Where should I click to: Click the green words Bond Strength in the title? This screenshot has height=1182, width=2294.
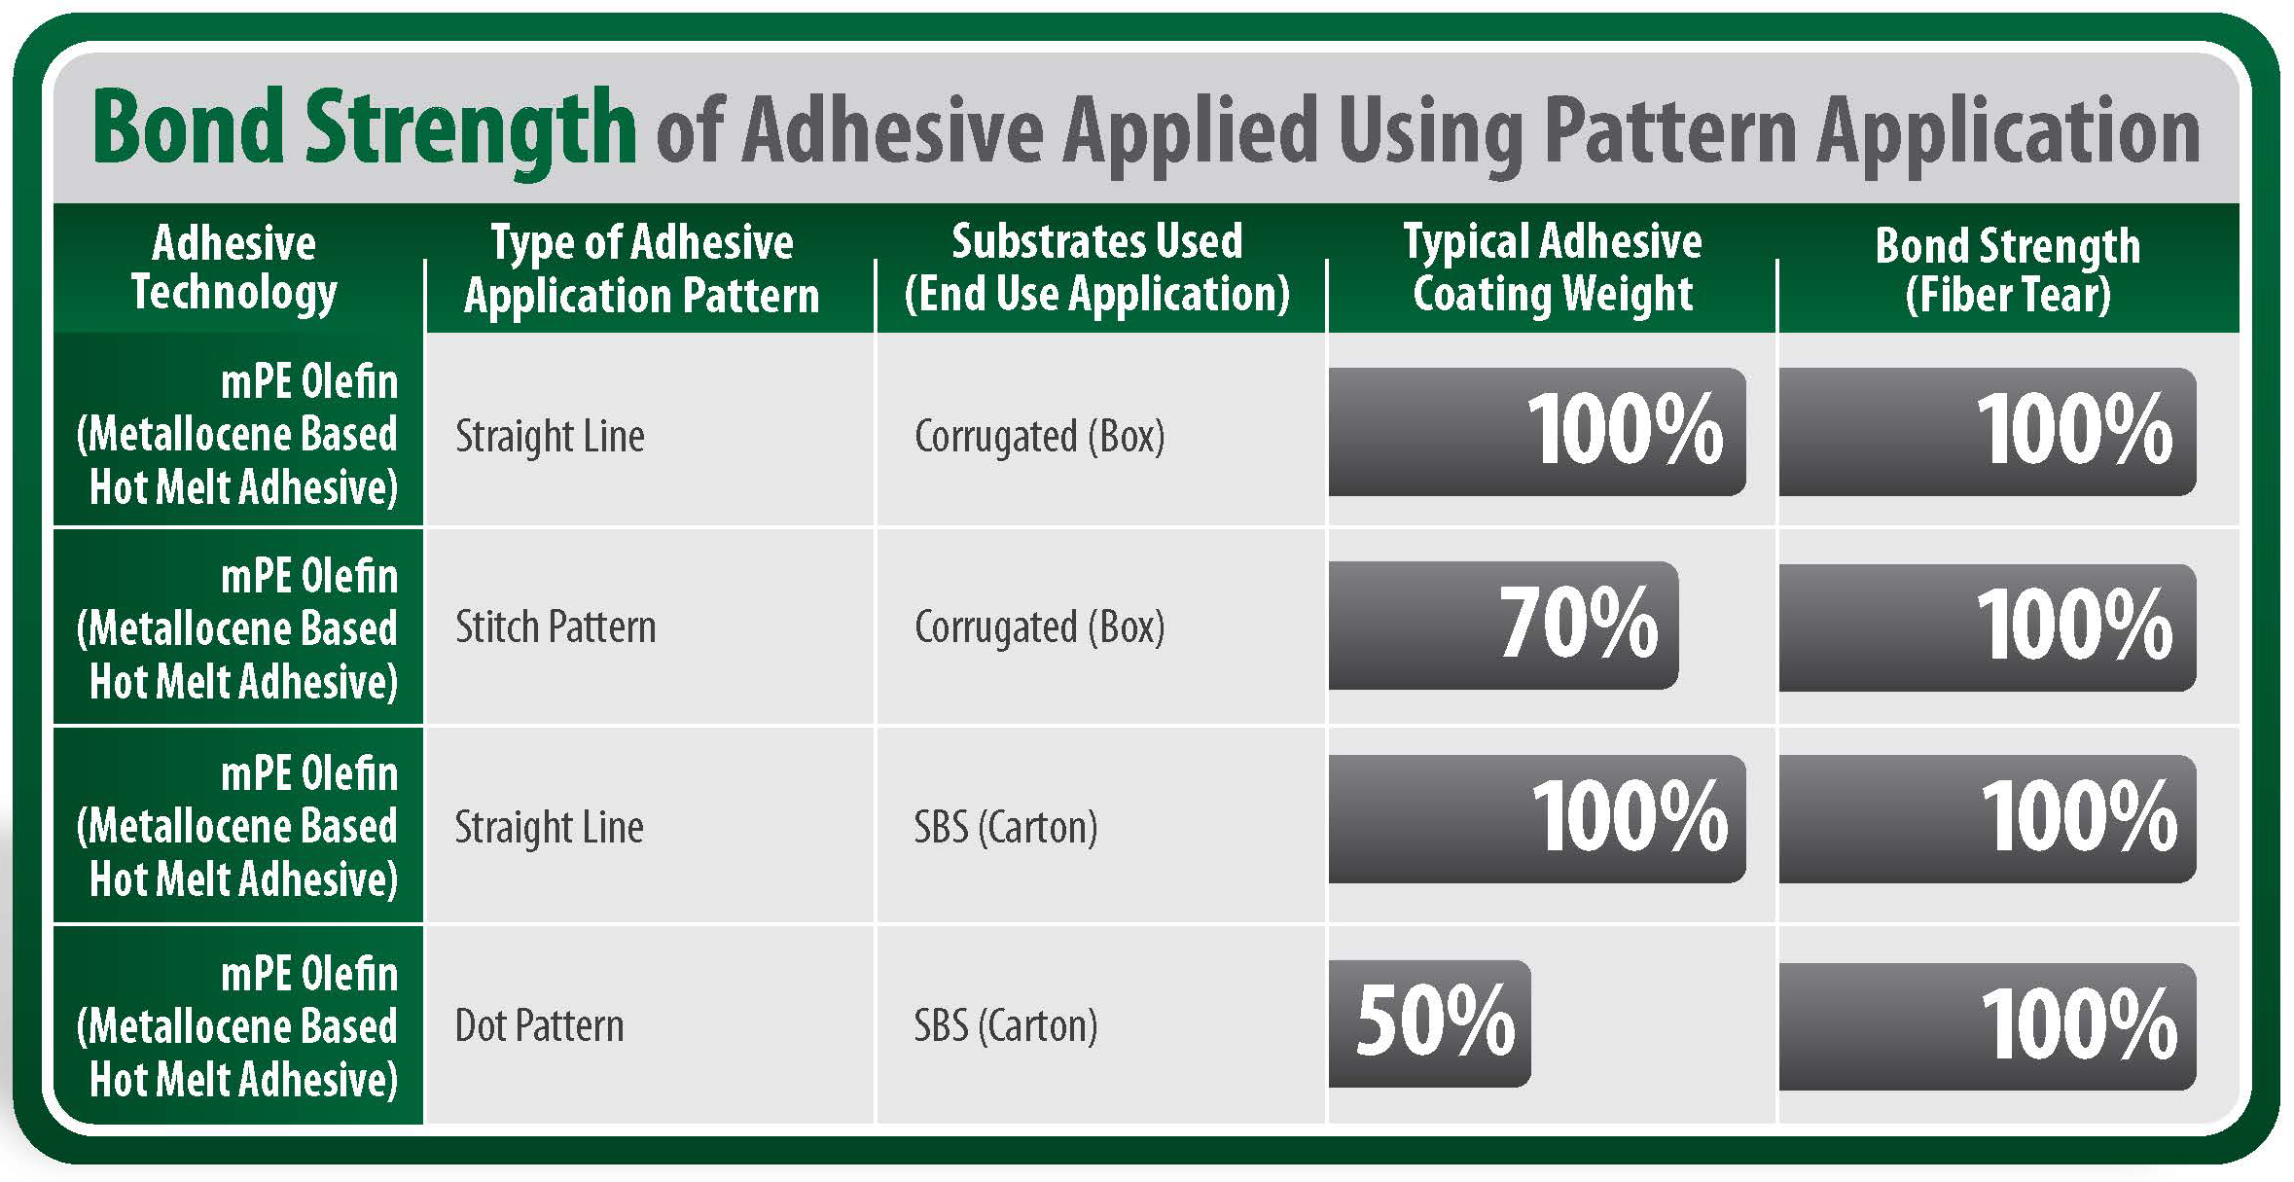coord(364,130)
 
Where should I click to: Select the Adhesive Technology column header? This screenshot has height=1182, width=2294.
coord(234,268)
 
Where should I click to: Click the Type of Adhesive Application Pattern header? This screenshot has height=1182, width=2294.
coord(642,269)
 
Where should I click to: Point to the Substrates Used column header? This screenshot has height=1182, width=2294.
coord(1097,268)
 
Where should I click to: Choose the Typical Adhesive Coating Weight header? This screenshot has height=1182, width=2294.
coord(1553,268)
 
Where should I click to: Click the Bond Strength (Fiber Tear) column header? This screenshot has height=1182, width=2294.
coord(2008,270)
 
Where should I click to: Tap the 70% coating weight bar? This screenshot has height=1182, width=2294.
coord(1504,625)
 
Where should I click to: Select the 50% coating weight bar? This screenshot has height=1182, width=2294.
coord(1430,1022)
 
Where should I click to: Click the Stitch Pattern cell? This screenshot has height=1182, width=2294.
coord(556,627)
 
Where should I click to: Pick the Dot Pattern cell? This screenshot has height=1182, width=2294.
coord(539,1025)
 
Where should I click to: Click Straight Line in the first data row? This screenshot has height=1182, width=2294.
coord(550,437)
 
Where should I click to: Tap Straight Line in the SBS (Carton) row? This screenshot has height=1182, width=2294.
coord(550,828)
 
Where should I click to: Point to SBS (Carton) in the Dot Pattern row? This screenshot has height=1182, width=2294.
coord(1006,1026)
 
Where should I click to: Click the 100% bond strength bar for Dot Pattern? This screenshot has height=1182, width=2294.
coord(1988,1026)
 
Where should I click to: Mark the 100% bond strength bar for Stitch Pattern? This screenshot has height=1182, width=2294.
coord(1988,627)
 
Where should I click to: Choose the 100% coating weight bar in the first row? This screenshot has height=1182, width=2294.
coord(1537,431)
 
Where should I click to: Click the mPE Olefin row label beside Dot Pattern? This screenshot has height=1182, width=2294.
coord(237,1026)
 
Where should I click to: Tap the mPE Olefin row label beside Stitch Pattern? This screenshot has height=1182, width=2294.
coord(237,628)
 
